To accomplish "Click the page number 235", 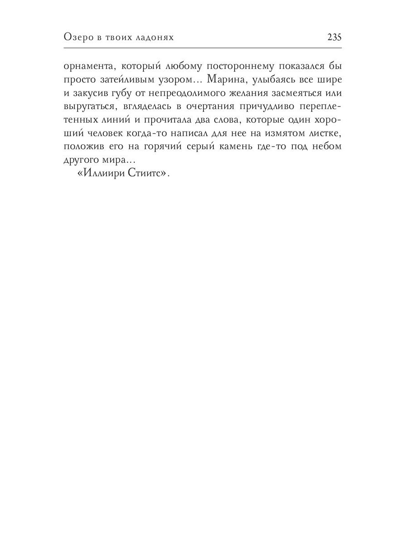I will (x=334, y=38).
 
